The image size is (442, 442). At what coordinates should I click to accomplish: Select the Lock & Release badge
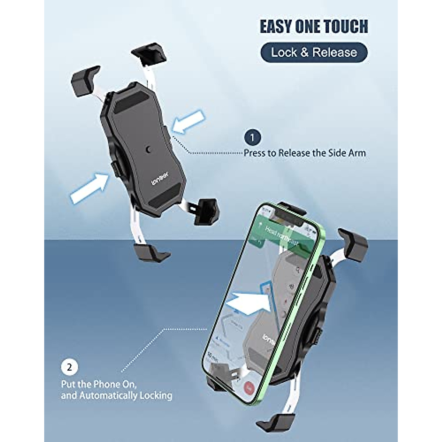[314, 52]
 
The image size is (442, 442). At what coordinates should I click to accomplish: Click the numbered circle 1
[252, 138]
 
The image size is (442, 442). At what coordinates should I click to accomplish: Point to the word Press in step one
[256, 153]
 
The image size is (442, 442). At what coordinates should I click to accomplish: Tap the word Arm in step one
[357, 153]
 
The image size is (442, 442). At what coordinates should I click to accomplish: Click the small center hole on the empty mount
[148, 149]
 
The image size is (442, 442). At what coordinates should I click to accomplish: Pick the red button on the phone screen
[250, 387]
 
